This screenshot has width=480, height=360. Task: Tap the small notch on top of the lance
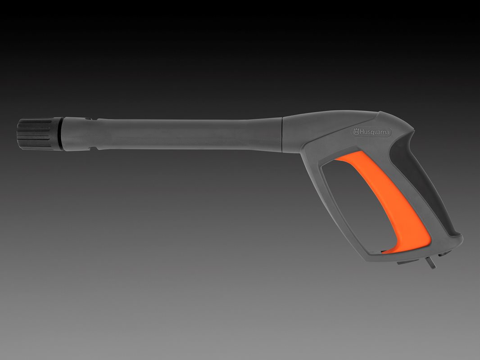(88, 119)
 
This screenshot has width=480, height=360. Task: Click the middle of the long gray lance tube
(190, 135)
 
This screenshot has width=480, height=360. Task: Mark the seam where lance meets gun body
(282, 135)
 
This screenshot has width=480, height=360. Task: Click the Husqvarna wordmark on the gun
(374, 132)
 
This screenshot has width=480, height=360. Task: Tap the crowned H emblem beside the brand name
(356, 132)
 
